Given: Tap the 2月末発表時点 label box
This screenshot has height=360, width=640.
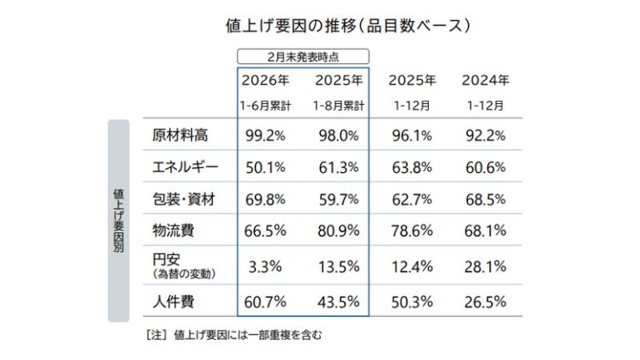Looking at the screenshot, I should tap(303, 57).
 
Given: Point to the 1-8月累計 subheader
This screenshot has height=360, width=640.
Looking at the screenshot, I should tap(337, 106).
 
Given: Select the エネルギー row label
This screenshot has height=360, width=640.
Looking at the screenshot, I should tap(185, 167).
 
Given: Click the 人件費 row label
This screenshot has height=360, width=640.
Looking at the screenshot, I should tap(174, 301).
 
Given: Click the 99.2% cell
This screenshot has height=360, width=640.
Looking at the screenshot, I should tap(265, 136).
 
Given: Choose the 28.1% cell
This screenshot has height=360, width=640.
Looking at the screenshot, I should tap(485, 266).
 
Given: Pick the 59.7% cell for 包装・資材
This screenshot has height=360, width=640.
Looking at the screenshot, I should tap(337, 199).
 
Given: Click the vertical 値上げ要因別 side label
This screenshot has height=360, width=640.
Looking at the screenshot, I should tap(119, 221).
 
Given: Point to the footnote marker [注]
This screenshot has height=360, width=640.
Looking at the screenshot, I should tap(156, 336).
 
